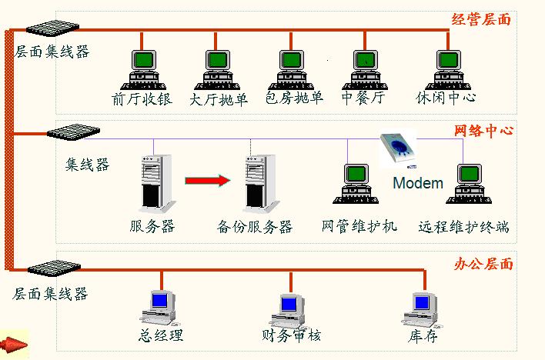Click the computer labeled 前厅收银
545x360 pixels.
(x=143, y=70)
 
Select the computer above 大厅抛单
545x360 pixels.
(x=217, y=70)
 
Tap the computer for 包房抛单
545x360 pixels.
(x=291, y=70)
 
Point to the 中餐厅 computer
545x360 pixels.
(x=365, y=70)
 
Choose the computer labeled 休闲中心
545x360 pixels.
(x=448, y=70)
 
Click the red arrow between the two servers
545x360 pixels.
(x=208, y=181)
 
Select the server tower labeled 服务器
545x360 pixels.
(x=157, y=183)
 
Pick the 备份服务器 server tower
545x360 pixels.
(x=262, y=183)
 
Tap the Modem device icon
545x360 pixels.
(x=398, y=150)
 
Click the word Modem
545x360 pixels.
(x=418, y=183)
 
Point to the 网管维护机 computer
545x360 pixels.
(x=356, y=184)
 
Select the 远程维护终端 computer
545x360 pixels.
(x=469, y=184)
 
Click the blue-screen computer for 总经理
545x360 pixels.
(x=159, y=308)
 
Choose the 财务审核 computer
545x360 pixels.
(x=289, y=311)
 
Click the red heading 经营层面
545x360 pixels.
(x=481, y=19)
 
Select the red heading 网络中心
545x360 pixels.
(x=483, y=130)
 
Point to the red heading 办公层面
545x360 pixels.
(x=483, y=264)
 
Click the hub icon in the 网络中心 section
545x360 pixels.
(x=73, y=132)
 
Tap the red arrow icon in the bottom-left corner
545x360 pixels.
(x=14, y=345)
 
